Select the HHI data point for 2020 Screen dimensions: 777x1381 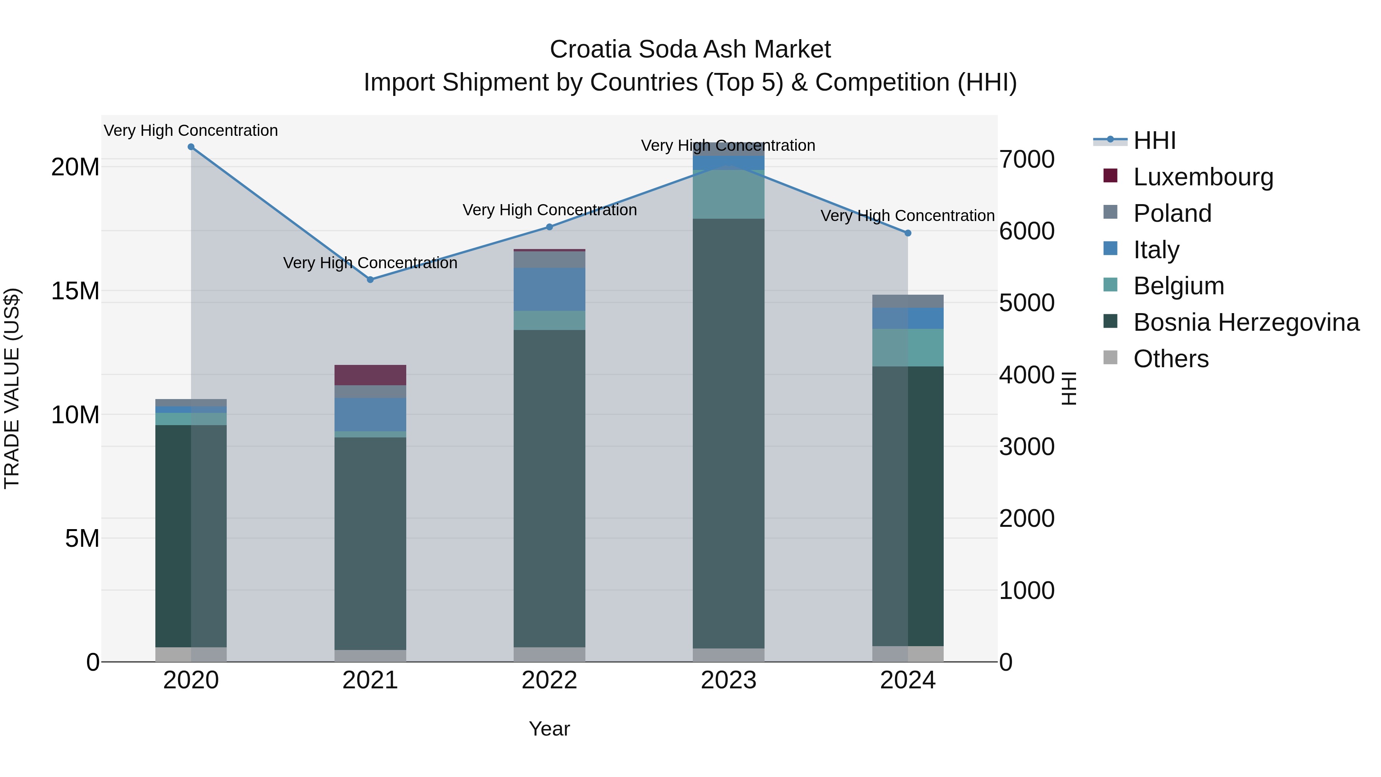coord(191,147)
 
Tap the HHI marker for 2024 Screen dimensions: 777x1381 coord(908,233)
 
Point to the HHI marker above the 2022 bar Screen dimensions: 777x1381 coord(549,227)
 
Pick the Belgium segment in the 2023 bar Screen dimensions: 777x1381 coord(728,194)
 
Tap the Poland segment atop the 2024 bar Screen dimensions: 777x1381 coord(908,301)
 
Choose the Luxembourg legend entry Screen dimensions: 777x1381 coord(1203,177)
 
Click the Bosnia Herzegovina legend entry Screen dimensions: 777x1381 coord(1246,322)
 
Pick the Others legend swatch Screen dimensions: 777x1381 coord(1110,358)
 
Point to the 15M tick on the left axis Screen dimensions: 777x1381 coord(75,291)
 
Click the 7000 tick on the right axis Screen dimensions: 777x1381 coord(1027,159)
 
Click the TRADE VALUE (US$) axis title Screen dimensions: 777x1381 coord(12,388)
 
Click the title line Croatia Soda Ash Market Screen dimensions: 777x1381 coord(690,49)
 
